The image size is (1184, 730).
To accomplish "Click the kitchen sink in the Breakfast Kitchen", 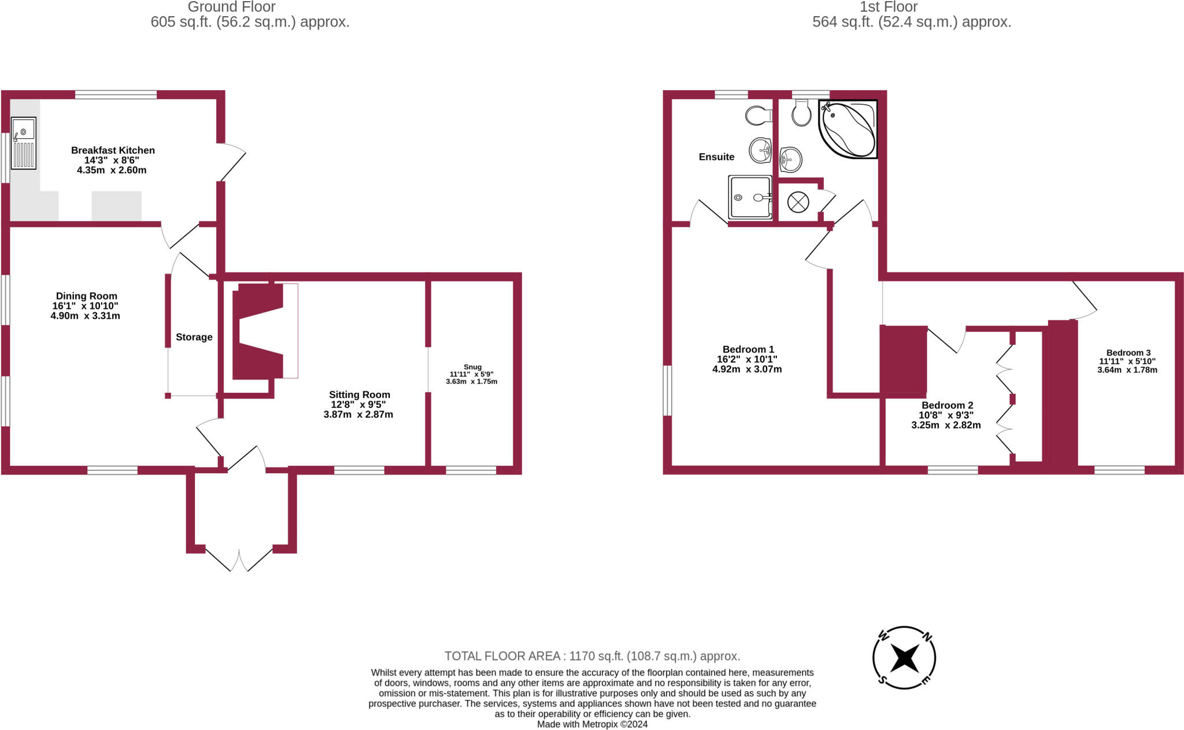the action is pyautogui.click(x=24, y=143).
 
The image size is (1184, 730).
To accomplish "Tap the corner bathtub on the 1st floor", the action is pyautogui.click(x=848, y=129).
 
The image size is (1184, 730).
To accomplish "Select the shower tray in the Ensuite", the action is pyautogui.click(x=750, y=197).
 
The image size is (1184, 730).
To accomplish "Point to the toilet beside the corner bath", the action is pyautogui.click(x=801, y=113).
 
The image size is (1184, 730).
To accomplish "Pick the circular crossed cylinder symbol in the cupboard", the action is pyautogui.click(x=798, y=202).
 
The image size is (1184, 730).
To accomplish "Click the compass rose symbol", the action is pyautogui.click(x=904, y=658).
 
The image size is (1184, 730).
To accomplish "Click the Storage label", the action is pyautogui.click(x=194, y=337).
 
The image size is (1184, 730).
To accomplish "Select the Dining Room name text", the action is pyautogui.click(x=87, y=296).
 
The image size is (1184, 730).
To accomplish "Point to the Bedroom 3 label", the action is pyautogui.click(x=1128, y=353).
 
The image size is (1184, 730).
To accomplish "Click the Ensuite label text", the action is pyautogui.click(x=716, y=157).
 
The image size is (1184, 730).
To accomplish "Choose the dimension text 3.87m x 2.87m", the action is pyautogui.click(x=358, y=415).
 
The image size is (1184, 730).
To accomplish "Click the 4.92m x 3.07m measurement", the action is pyautogui.click(x=747, y=370).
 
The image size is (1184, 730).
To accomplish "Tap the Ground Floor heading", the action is pyautogui.click(x=231, y=7).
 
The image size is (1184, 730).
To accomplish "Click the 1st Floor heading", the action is pyautogui.click(x=889, y=7).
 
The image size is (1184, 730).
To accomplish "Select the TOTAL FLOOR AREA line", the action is pyautogui.click(x=592, y=657).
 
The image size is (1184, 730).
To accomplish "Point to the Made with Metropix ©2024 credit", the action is pyautogui.click(x=592, y=724).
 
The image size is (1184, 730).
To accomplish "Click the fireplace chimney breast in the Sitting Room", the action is pyautogui.click(x=258, y=331).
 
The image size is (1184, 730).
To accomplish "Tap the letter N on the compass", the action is pyautogui.click(x=927, y=637).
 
